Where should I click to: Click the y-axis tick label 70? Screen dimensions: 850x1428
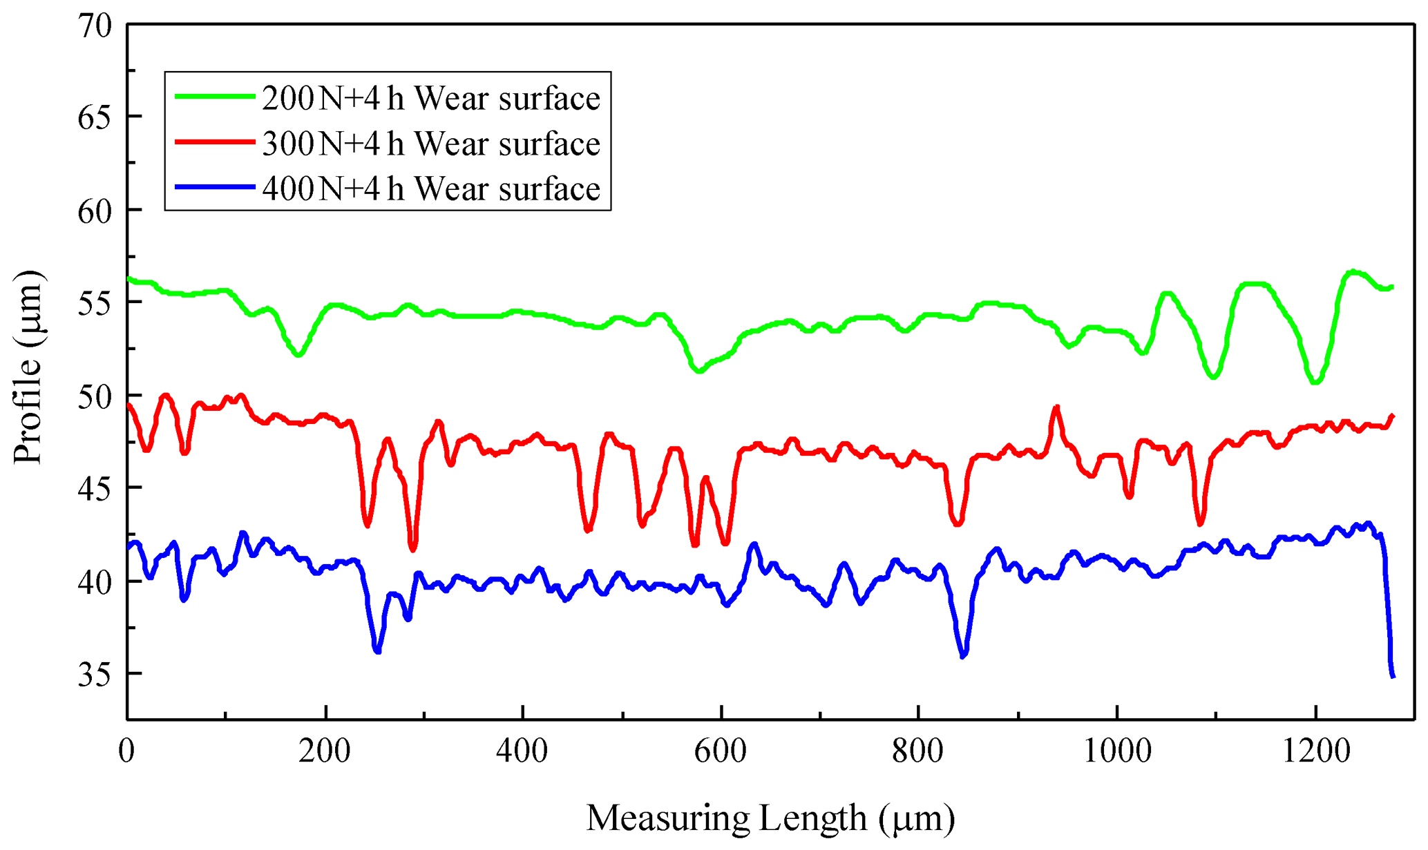(x=95, y=26)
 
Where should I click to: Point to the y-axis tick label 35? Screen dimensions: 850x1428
(x=95, y=675)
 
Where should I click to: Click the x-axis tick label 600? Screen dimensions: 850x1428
(x=721, y=751)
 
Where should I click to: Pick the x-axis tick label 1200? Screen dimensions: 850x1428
(x=1315, y=751)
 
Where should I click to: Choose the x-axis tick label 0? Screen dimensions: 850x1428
(x=126, y=751)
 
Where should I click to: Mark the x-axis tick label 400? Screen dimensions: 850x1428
(x=522, y=751)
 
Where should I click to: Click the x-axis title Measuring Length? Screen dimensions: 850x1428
(x=770, y=819)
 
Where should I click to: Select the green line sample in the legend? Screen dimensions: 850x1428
(x=215, y=97)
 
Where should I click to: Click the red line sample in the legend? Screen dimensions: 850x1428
(x=215, y=142)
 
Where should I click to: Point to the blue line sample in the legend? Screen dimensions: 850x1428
(x=215, y=187)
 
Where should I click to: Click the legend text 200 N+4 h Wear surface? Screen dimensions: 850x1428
(x=431, y=98)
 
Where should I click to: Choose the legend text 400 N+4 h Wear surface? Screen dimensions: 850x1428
(x=431, y=189)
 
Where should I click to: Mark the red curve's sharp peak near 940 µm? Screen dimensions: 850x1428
(x=1056, y=408)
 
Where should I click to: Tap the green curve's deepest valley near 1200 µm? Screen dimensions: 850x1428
(x=1315, y=381)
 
